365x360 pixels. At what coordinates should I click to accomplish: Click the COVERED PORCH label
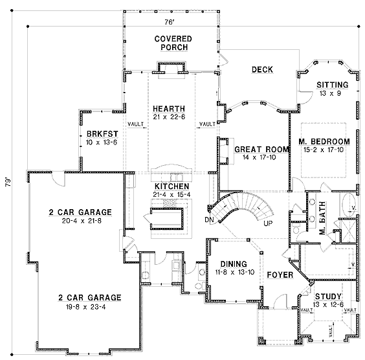click(x=173, y=43)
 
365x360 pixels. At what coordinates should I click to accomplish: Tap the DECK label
click(x=262, y=69)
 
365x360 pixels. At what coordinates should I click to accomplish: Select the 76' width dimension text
click(x=170, y=22)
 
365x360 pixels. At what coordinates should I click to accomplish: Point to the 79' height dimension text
click(x=8, y=183)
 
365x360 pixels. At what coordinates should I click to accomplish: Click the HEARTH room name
click(x=169, y=109)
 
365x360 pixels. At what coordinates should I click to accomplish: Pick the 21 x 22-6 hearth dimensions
click(x=169, y=117)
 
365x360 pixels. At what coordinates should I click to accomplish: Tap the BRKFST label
click(x=102, y=134)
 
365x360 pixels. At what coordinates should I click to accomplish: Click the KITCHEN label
click(x=171, y=186)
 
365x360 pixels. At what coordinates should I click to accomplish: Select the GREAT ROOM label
click(x=261, y=150)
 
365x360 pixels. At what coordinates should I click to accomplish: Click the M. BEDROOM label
click(x=324, y=141)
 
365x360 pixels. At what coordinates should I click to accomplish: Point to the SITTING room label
click(x=333, y=85)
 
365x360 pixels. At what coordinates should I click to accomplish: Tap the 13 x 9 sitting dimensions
click(x=330, y=93)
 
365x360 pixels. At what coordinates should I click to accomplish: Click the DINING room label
click(x=234, y=264)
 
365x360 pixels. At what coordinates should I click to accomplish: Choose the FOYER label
click(x=280, y=275)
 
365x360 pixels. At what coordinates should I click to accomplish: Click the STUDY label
click(x=328, y=297)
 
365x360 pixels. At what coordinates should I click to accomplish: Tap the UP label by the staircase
click(x=268, y=223)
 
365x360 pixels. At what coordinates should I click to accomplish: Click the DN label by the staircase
click(x=209, y=219)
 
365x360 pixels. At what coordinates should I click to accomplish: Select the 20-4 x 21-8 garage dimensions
click(x=82, y=221)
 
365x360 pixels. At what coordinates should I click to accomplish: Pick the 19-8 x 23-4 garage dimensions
click(x=85, y=307)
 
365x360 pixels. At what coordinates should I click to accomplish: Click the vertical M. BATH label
click(x=322, y=218)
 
